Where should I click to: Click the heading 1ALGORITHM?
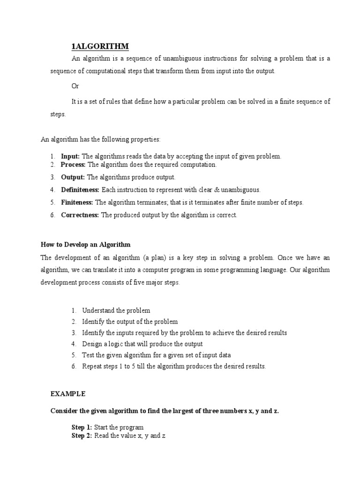(x=100, y=46)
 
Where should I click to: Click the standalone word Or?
(x=75, y=86)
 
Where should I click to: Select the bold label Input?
(x=70, y=156)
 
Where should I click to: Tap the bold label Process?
(x=73, y=165)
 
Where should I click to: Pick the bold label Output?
(x=73, y=177)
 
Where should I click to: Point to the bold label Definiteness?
(x=80, y=190)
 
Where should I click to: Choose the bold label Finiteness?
(x=77, y=202)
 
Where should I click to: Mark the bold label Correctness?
(x=80, y=215)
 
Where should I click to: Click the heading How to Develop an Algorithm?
(x=85, y=245)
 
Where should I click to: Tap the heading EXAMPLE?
(x=68, y=394)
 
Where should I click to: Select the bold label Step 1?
(x=82, y=427)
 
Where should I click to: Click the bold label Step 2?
(x=82, y=436)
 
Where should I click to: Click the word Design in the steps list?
(x=91, y=344)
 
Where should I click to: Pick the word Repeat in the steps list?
(x=92, y=366)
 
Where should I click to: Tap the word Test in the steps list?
(x=88, y=355)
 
